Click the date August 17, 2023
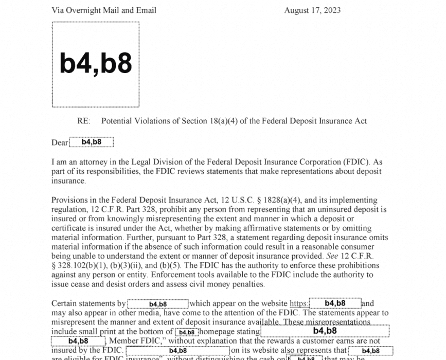point(312,10)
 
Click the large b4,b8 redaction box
point(96,64)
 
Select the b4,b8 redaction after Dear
point(91,142)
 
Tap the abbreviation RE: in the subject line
point(83,121)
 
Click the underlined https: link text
point(299,304)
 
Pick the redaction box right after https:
point(335,303)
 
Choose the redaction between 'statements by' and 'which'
point(158,304)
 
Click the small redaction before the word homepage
point(187,332)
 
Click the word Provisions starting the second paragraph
point(70,200)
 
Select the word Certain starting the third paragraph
point(65,304)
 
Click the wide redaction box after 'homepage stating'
point(325,331)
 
